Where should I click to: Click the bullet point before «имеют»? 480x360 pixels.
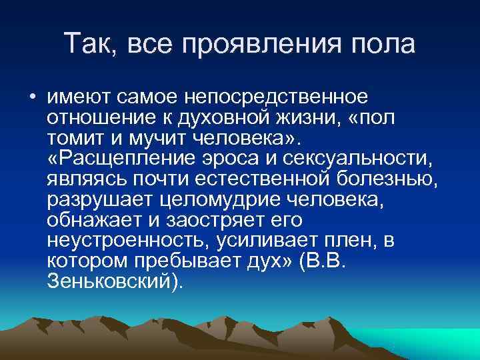[32, 98]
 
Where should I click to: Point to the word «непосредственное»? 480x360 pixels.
[279, 97]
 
